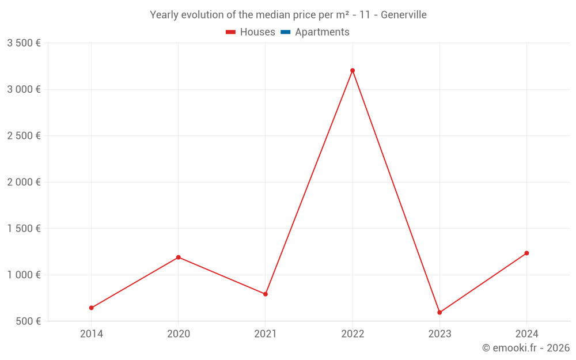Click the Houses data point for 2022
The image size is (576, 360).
click(x=353, y=70)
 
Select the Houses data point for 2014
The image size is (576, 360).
click(x=92, y=308)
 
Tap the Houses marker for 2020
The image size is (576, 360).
click(x=179, y=257)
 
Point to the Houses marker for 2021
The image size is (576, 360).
click(x=266, y=294)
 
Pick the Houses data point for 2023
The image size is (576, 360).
click(x=439, y=312)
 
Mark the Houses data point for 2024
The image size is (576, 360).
click(x=526, y=253)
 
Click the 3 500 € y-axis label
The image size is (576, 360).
click(x=24, y=43)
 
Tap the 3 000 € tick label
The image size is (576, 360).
click(x=24, y=89)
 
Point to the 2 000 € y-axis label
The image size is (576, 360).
click(x=24, y=182)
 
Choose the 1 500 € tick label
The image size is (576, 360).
click(x=24, y=229)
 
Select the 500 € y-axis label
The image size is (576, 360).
click(x=27, y=321)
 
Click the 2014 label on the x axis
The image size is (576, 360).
click(x=92, y=334)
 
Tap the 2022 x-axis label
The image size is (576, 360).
click(x=353, y=334)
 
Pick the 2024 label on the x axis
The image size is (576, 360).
click(x=526, y=334)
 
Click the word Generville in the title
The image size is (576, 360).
click(x=404, y=15)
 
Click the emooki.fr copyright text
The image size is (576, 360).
click(x=526, y=348)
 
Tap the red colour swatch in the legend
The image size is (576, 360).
click(x=231, y=32)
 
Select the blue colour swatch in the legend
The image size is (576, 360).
click(x=286, y=32)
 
